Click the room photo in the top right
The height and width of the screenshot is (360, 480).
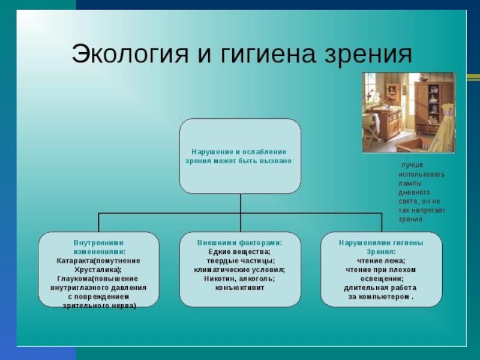(408, 112)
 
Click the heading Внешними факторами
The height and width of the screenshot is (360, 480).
(240, 243)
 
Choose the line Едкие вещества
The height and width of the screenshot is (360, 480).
(240, 252)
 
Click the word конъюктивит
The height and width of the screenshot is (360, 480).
(240, 288)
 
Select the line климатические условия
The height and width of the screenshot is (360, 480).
(240, 270)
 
